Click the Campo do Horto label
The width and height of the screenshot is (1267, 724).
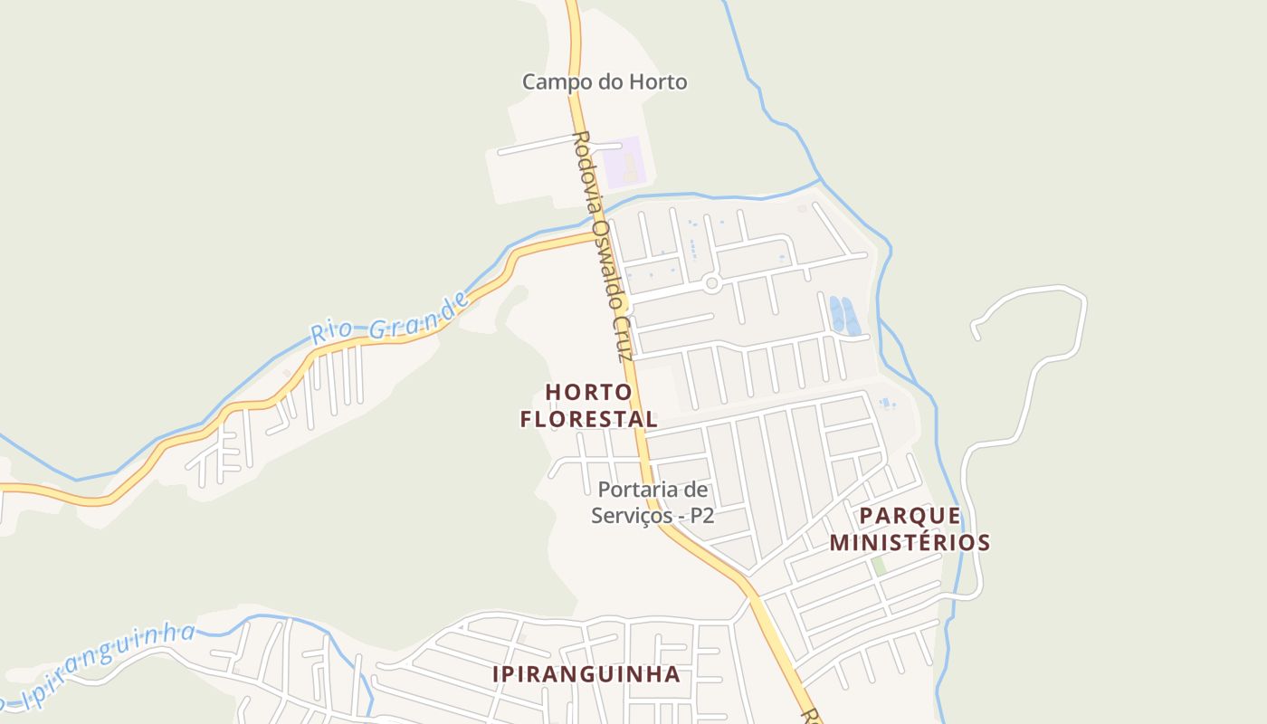tap(604, 81)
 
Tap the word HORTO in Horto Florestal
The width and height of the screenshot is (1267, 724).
tap(588, 393)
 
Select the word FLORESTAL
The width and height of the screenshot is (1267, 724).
tap(588, 420)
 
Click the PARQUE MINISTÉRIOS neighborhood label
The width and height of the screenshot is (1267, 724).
tap(910, 529)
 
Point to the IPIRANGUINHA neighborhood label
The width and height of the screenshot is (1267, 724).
tap(586, 674)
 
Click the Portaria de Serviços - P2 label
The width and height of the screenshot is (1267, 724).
tap(653, 503)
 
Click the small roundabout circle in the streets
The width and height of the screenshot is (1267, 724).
tap(711, 284)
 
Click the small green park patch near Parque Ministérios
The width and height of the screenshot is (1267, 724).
tap(878, 567)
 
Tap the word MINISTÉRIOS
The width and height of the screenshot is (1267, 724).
tap(910, 543)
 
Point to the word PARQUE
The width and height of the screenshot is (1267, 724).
tap(910, 516)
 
